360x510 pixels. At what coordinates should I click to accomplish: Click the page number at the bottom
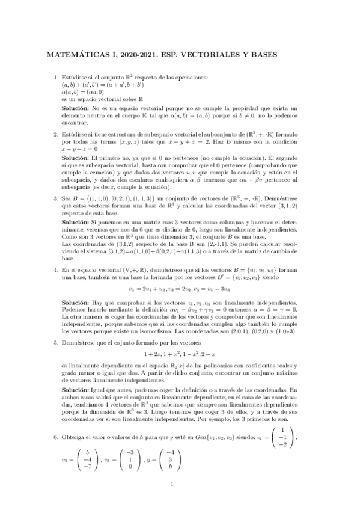pos(172,484)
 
